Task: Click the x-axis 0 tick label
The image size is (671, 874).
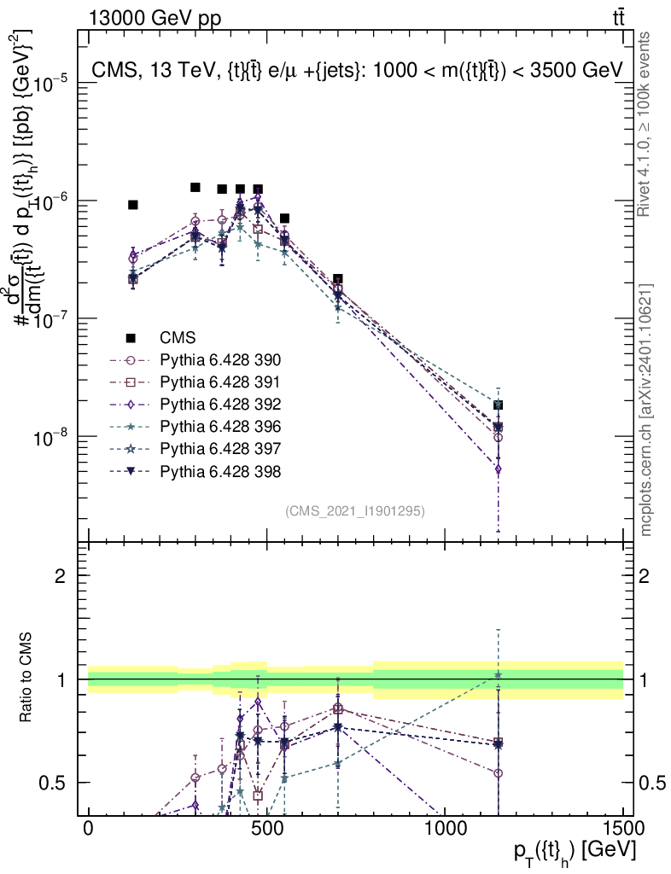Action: coord(89,829)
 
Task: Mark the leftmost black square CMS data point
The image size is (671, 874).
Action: coord(133,205)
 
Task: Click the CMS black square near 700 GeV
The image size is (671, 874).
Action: coord(338,279)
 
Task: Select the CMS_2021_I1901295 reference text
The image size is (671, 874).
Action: coord(355,510)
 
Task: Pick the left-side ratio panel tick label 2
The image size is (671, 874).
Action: coord(61,576)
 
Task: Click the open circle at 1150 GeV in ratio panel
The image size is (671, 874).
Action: coord(498,773)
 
